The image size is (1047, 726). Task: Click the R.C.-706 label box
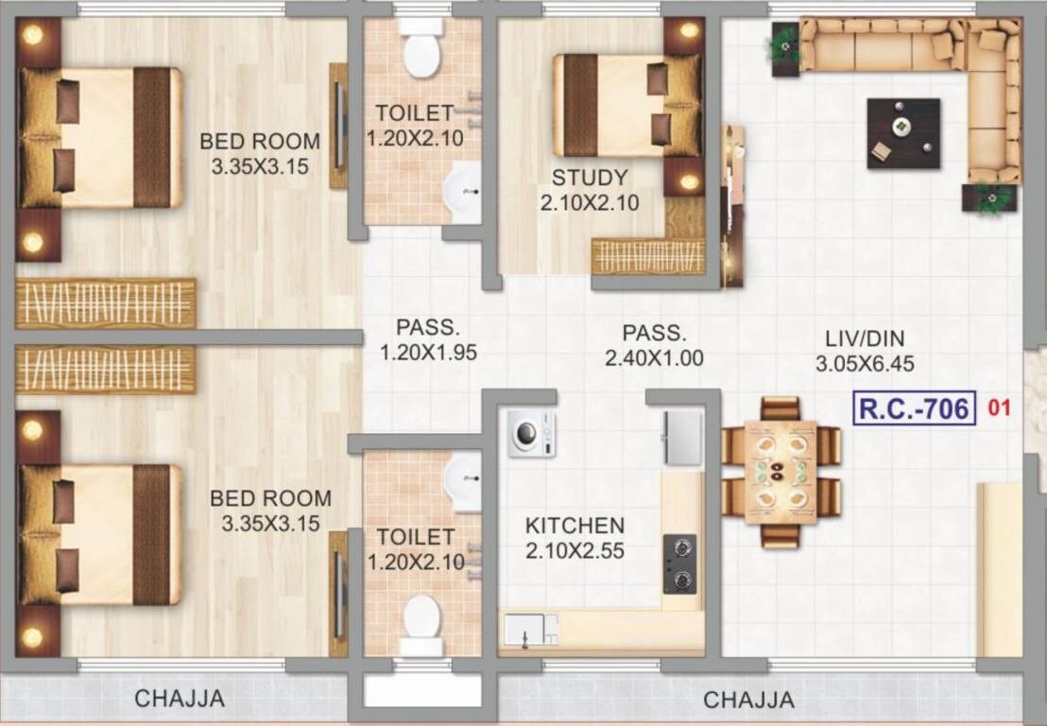pos(914,408)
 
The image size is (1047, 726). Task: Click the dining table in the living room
pos(781,472)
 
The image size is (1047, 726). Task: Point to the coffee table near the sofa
pos(903,133)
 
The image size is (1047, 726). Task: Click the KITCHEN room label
pos(575,526)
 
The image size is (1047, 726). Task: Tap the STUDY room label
pos(590,178)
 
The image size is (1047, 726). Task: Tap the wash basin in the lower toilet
pos(463,469)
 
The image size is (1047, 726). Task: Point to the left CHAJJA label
pos(180,700)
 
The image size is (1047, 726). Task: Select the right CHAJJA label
pos(748,700)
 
